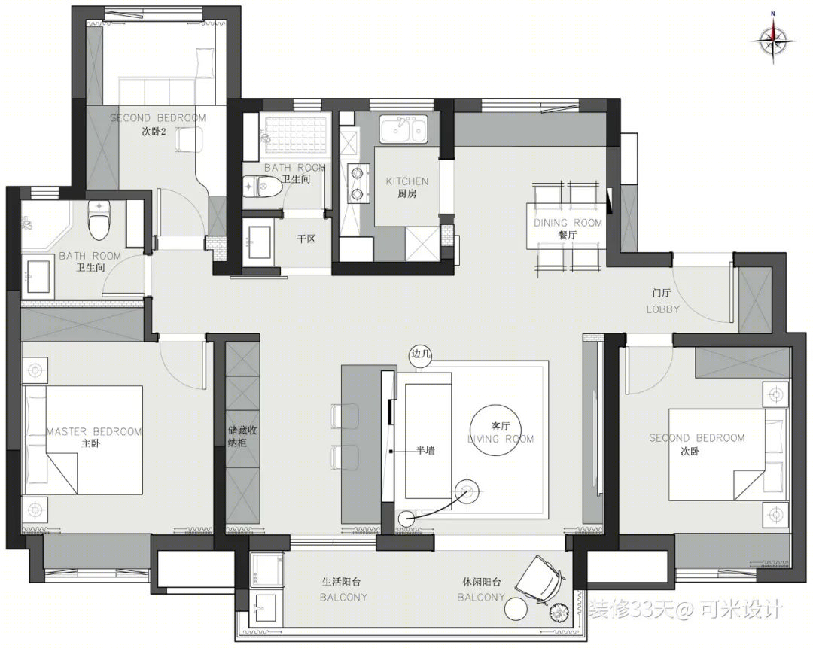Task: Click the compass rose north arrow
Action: pos(773,40)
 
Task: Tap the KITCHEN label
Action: pos(407,181)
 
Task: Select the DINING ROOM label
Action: pos(568,223)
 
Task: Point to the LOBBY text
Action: pos(662,309)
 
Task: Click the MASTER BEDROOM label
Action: pos(94,431)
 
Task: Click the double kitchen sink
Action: pos(404,129)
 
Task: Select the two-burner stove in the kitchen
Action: pos(358,182)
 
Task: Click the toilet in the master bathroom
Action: pos(99,220)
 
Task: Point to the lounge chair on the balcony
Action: pos(540,579)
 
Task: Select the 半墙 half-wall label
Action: pos(425,451)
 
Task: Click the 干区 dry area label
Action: pos(306,239)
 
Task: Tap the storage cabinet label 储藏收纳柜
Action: pos(242,437)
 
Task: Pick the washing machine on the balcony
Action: pos(267,570)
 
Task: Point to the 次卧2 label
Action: pos(154,131)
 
